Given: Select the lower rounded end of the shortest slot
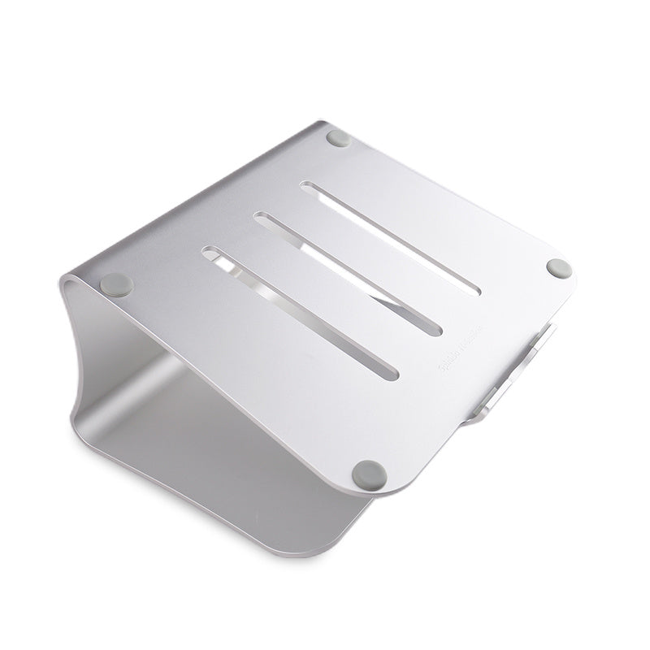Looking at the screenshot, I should coord(392,373).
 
